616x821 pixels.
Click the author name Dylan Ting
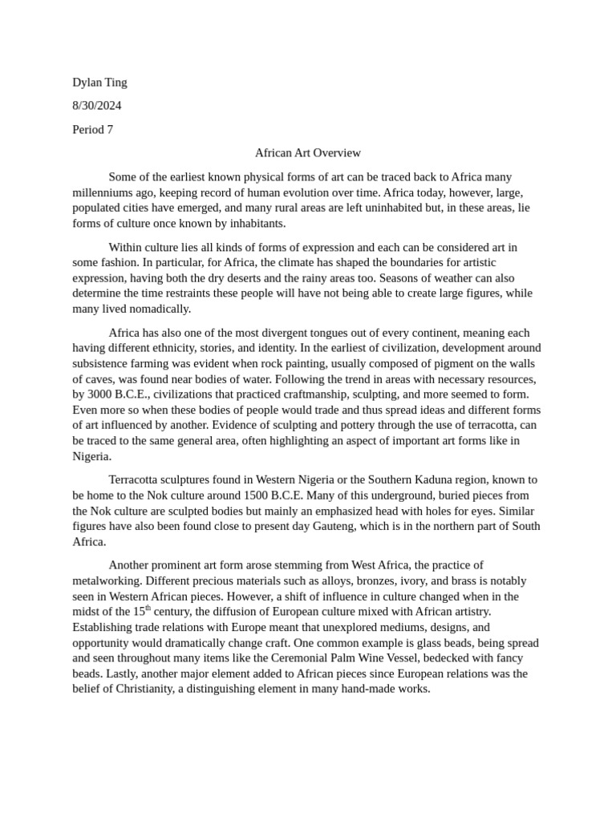coord(99,82)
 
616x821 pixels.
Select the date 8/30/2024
coord(97,105)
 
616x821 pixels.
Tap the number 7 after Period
coord(110,129)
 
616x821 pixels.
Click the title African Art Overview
coord(308,152)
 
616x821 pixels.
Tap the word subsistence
coord(103,363)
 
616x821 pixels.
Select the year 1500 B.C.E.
coord(306,495)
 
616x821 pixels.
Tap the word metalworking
coord(106,580)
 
